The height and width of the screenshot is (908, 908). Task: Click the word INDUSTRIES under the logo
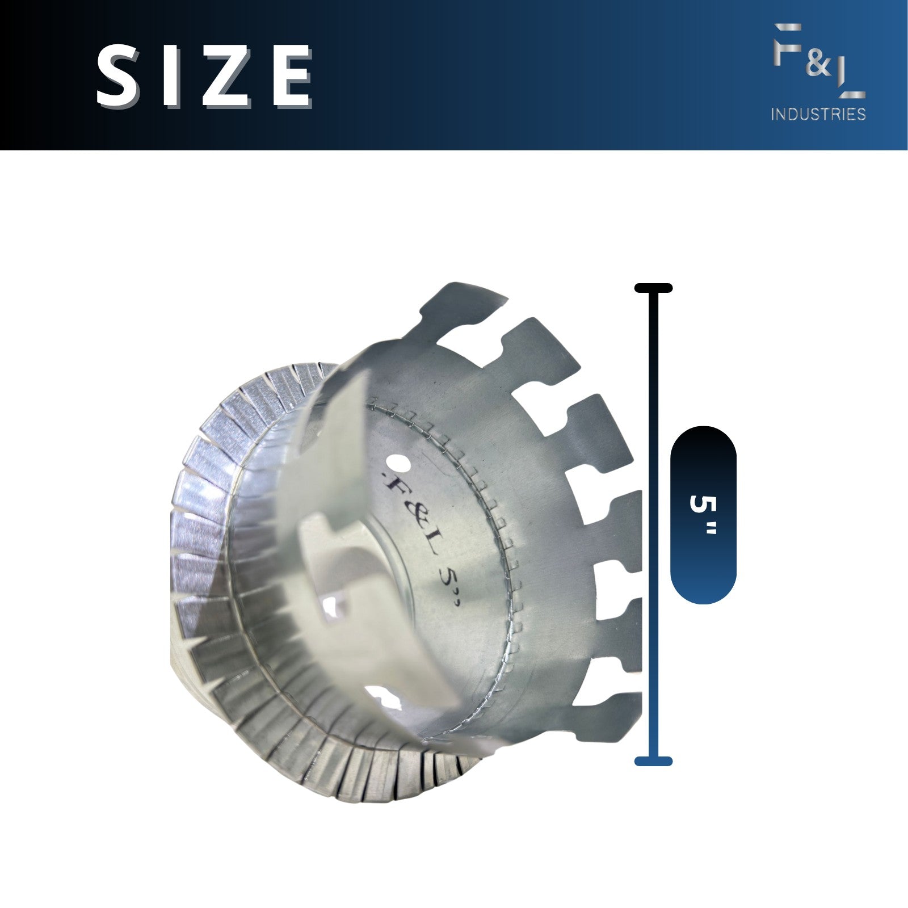click(x=818, y=114)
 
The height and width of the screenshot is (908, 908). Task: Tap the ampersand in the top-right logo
click(x=818, y=65)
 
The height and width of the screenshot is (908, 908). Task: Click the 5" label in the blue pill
click(x=703, y=514)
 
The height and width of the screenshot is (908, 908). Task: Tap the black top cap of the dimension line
click(x=653, y=288)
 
